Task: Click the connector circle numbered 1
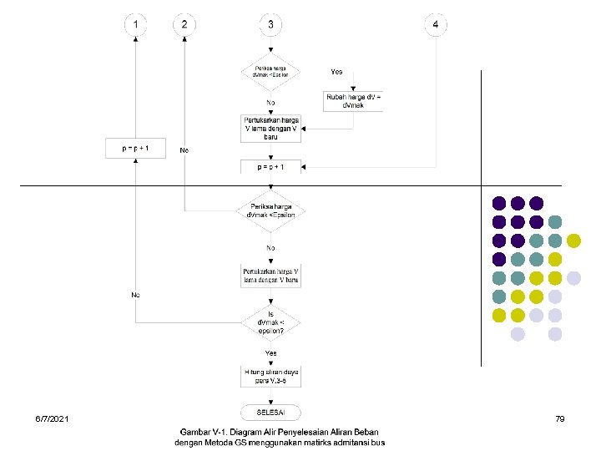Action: [x=136, y=24]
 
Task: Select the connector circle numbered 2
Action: [x=184, y=24]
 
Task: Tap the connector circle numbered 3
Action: [x=270, y=24]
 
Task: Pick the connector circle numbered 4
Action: [x=435, y=24]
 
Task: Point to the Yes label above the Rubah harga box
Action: [x=336, y=72]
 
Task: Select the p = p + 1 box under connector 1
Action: [x=135, y=148]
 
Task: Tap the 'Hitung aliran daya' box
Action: [x=270, y=377]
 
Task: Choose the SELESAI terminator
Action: [x=270, y=412]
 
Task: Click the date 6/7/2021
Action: [x=53, y=417]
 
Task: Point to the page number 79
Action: [x=560, y=417]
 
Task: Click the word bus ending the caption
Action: [x=378, y=443]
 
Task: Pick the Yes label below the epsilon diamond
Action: [x=271, y=353]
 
